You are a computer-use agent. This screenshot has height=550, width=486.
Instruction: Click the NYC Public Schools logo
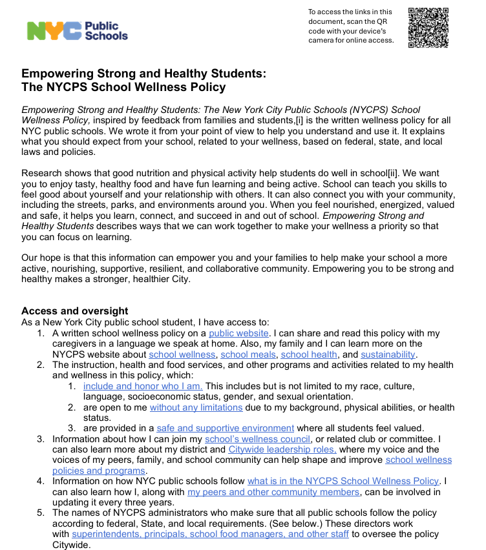(x=77, y=30)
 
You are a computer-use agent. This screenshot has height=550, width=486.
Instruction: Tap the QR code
(x=428, y=28)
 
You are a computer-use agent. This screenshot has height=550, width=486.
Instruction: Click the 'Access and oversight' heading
(x=74, y=311)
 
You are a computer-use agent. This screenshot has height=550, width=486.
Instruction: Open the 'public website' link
(x=238, y=333)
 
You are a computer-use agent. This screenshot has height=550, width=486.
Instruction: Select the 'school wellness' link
(x=182, y=354)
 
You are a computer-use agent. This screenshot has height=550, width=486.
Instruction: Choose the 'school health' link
(x=309, y=354)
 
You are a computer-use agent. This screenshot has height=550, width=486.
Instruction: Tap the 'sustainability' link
(x=388, y=354)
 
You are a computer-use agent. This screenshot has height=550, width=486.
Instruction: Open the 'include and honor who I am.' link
(x=142, y=386)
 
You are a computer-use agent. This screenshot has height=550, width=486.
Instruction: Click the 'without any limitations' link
(x=196, y=407)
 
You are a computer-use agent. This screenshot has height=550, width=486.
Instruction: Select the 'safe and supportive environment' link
(x=225, y=428)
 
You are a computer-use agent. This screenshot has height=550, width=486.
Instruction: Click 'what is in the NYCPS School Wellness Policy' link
(x=343, y=481)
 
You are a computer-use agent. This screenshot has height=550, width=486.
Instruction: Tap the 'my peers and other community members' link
(x=273, y=492)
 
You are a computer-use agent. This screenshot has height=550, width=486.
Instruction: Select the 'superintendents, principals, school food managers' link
(x=210, y=534)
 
